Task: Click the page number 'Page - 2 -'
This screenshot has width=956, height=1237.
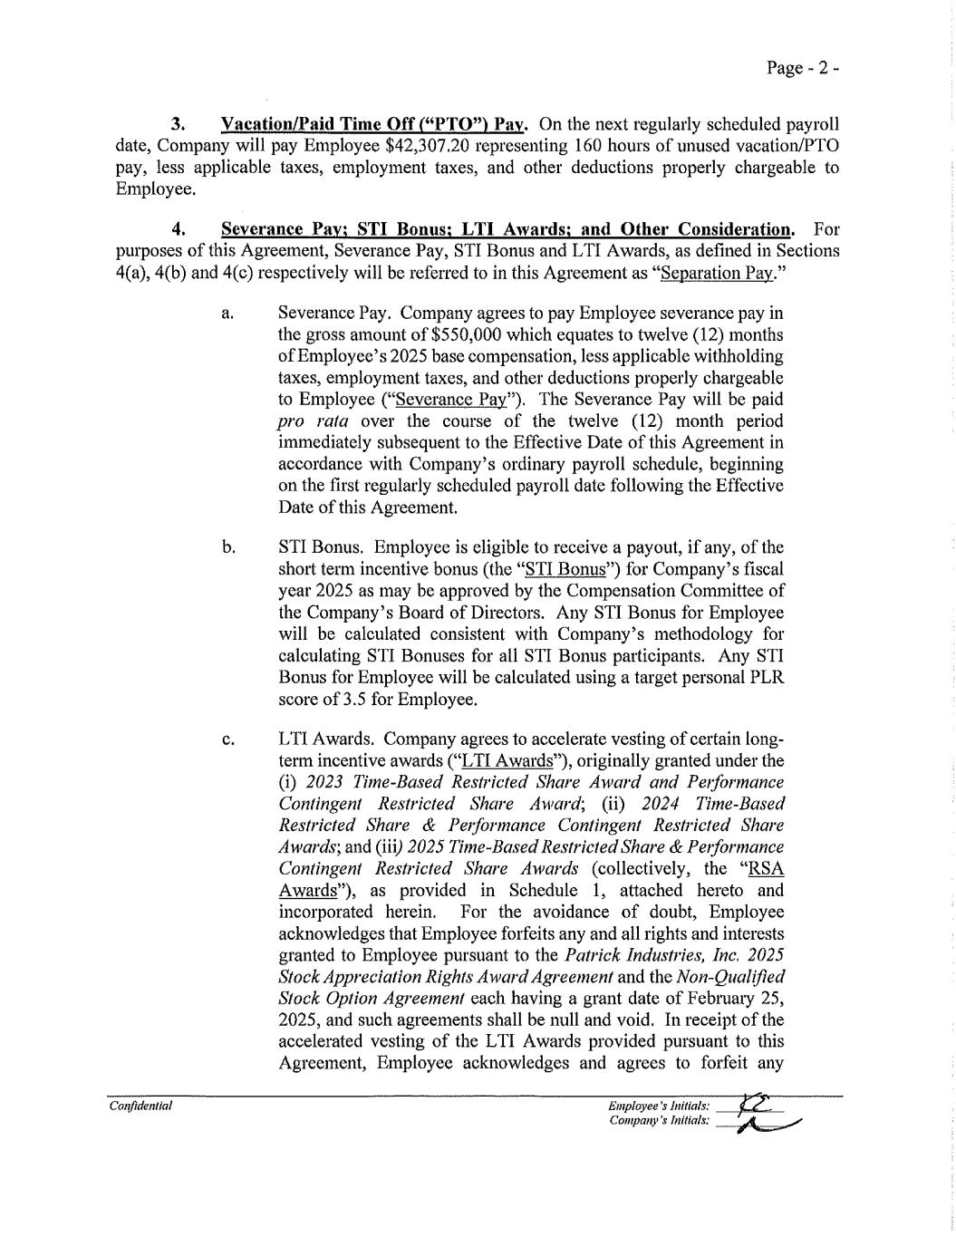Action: tap(803, 69)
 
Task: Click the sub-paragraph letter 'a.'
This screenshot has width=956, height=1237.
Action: tap(227, 314)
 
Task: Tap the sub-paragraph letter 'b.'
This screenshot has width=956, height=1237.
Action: tap(228, 547)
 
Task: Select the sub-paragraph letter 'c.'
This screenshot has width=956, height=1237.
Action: tap(227, 739)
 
